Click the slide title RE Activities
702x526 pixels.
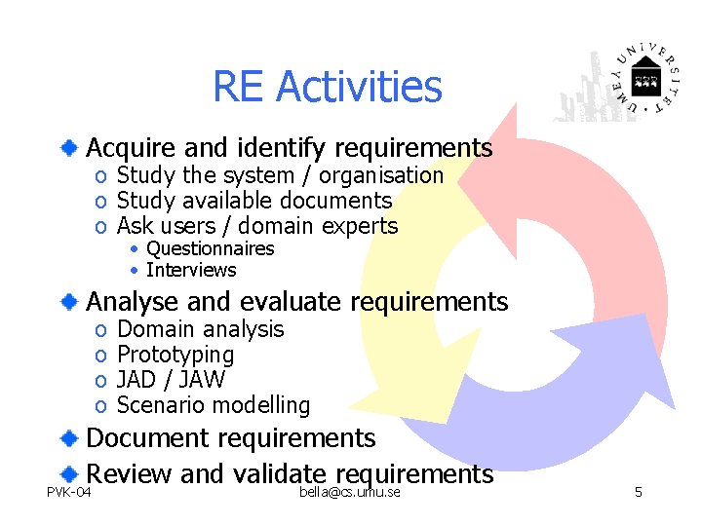327,87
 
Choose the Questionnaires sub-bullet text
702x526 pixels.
210,248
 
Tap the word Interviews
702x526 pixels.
191,270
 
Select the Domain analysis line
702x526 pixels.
200,329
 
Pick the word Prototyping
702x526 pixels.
175,355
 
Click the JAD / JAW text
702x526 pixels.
171,380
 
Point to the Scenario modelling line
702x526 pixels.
213,405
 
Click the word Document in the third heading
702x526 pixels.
147,438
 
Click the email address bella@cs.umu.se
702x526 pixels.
350,493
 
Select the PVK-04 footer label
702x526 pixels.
69,493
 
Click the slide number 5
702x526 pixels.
638,493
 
